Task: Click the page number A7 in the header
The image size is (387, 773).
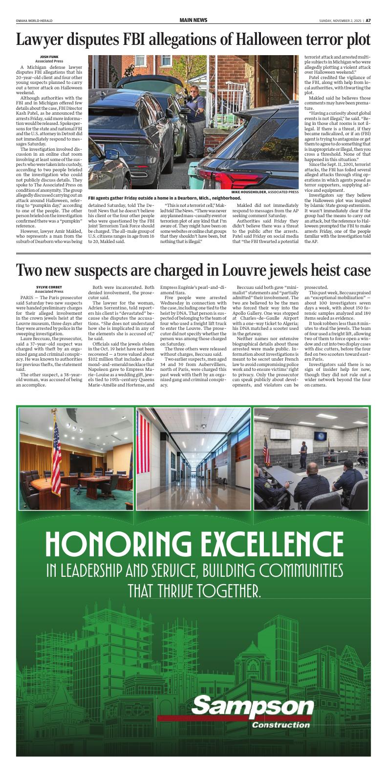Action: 368,20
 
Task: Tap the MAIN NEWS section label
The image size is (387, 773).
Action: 193,20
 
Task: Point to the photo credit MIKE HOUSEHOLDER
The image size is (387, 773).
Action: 250,192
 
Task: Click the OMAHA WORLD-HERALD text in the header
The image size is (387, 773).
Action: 34,20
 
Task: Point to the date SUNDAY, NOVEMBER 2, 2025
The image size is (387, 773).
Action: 340,20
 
